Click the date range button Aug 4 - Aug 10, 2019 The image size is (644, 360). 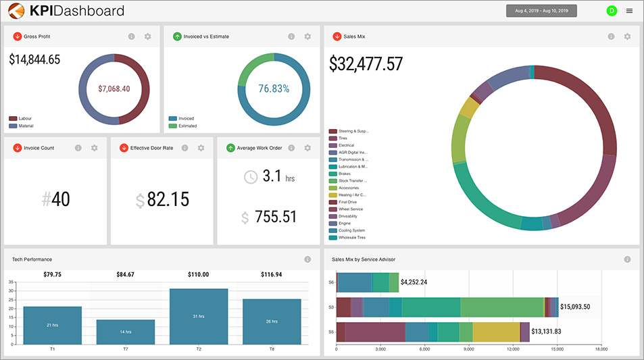pyautogui.click(x=541, y=11)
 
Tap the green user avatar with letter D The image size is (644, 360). pyautogui.click(x=612, y=11)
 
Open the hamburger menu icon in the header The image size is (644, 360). pyautogui.click(x=630, y=11)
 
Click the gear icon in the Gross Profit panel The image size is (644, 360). pyautogui.click(x=147, y=36)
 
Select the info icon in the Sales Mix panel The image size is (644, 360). pyautogui.click(x=611, y=36)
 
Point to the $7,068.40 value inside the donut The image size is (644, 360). pyautogui.click(x=114, y=88)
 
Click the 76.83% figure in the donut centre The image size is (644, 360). pyautogui.click(x=274, y=88)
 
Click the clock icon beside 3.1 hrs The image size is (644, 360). pyautogui.click(x=251, y=177)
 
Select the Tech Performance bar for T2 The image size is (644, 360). pyautogui.click(x=198, y=316)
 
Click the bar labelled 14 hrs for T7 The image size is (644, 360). pyautogui.click(x=126, y=331)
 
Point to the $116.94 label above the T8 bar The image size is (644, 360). pyautogui.click(x=272, y=275)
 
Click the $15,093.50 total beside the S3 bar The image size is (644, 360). pyautogui.click(x=575, y=307)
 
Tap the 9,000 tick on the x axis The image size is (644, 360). pyautogui.click(x=469, y=349)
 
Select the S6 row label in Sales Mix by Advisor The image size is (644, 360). pyautogui.click(x=331, y=282)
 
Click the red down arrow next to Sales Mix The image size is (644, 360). pyautogui.click(x=337, y=36)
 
